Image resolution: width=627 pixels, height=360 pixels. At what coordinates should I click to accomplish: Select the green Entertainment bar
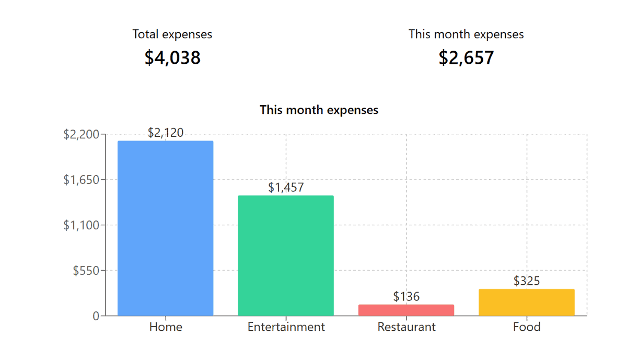(286, 256)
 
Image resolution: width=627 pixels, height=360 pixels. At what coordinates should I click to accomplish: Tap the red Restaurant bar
(406, 310)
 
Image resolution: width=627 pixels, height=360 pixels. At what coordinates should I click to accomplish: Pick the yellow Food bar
(526, 303)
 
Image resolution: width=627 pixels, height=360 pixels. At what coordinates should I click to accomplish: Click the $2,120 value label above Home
(166, 133)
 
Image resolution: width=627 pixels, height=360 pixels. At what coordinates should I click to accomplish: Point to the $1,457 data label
(286, 187)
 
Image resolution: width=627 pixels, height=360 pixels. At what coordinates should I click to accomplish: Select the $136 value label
(406, 297)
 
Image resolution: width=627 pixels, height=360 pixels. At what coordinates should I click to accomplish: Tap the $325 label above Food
(526, 281)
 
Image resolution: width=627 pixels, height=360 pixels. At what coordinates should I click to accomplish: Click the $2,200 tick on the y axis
(81, 134)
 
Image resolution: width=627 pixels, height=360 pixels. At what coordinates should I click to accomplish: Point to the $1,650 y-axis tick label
(81, 180)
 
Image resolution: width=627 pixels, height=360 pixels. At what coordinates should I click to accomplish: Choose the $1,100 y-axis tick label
(81, 225)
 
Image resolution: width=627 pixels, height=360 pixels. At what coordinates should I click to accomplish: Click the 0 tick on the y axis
(96, 316)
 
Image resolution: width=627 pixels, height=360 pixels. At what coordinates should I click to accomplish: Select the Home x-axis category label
(166, 327)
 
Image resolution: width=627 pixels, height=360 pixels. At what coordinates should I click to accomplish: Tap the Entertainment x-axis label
(286, 327)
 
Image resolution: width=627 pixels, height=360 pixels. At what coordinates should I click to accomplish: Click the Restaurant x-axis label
(406, 327)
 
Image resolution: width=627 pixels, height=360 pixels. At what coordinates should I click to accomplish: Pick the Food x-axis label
(526, 327)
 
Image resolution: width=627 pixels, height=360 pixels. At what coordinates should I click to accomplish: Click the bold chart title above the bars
(319, 110)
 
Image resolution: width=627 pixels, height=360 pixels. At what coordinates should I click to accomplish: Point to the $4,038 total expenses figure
(172, 58)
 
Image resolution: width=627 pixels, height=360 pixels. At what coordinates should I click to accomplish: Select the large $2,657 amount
(466, 58)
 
